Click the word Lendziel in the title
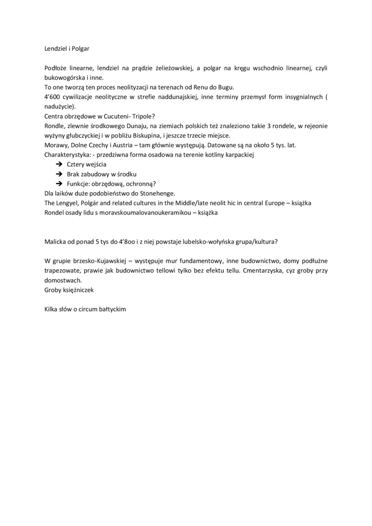[x=55, y=49]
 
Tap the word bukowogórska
[x=64, y=77]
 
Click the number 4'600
[x=51, y=97]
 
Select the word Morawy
[x=55, y=145]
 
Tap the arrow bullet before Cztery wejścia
[x=59, y=164]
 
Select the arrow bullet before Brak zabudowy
[x=59, y=174]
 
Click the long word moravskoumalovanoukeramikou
[x=146, y=213]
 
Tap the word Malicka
[x=55, y=242]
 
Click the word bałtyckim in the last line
[x=111, y=309]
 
